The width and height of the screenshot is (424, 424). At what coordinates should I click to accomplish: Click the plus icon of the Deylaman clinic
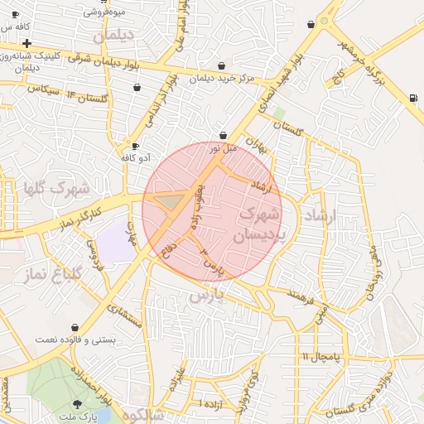26,43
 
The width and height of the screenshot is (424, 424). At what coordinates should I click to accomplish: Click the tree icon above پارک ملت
78,404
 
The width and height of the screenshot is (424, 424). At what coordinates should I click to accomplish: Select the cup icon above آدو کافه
135,147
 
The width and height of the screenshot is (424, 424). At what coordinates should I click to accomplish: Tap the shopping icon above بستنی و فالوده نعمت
76,328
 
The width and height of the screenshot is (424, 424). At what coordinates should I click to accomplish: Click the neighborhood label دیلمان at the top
113,37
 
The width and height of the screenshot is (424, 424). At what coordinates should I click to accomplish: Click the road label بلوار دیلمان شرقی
108,61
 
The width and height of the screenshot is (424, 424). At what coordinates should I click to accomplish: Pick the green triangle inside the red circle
171,201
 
